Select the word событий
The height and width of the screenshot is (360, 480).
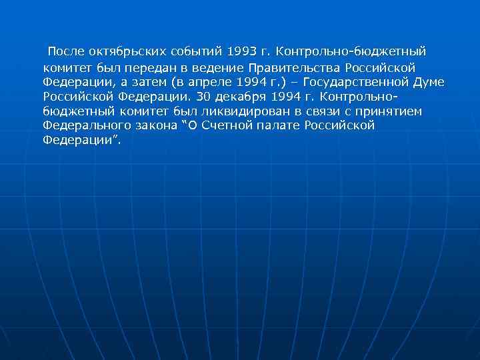(197, 51)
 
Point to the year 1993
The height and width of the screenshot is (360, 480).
(241, 51)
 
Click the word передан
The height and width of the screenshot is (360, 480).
(152, 67)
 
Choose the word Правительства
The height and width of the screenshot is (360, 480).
(295, 67)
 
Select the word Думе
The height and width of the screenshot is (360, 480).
(429, 82)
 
